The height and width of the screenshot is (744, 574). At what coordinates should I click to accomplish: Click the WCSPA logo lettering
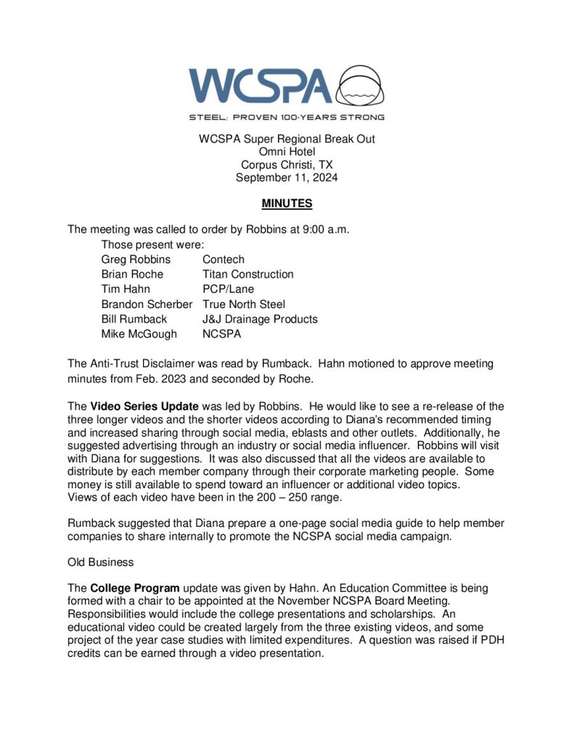(x=261, y=86)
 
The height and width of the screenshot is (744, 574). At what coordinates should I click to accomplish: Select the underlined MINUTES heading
(x=287, y=204)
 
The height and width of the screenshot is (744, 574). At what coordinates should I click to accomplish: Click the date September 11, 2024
(x=287, y=177)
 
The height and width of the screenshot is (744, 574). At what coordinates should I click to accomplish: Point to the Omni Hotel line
(x=287, y=151)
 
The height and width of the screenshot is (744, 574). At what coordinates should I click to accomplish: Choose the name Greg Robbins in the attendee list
(x=136, y=259)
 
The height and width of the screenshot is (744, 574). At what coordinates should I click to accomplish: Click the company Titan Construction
(x=248, y=274)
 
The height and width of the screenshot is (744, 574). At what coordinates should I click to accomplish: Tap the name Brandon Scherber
(x=147, y=304)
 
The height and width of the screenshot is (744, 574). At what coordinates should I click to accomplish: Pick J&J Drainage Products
(x=260, y=319)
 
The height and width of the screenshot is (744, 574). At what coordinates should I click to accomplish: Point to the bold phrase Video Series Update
(x=144, y=406)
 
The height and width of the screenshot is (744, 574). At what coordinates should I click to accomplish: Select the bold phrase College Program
(x=134, y=588)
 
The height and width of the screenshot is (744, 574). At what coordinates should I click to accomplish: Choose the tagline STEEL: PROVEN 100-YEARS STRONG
(x=287, y=116)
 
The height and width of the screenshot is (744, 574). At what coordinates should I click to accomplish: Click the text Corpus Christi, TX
(x=287, y=164)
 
